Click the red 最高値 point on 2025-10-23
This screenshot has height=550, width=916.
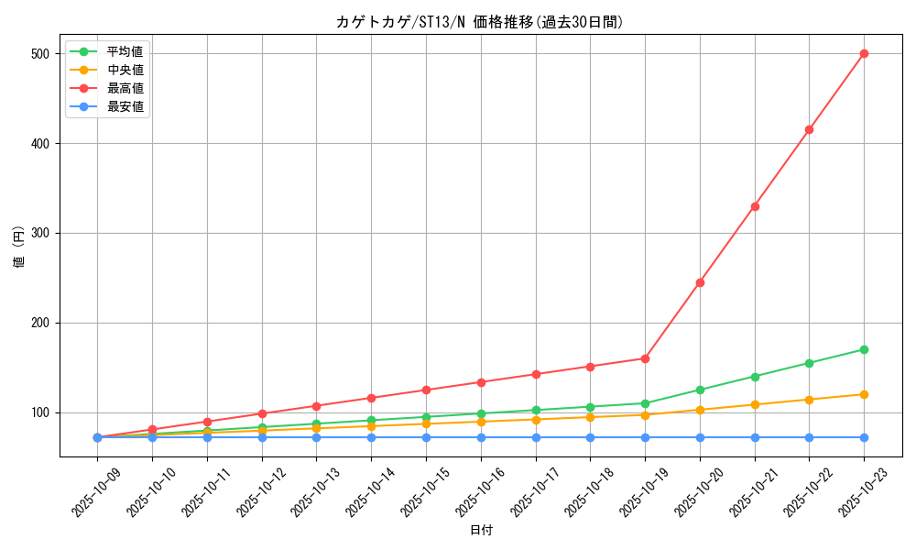click(864, 54)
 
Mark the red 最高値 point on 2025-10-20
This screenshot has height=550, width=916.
click(700, 282)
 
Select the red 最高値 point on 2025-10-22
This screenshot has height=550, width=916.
click(809, 130)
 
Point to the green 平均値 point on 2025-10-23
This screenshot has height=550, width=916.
click(864, 349)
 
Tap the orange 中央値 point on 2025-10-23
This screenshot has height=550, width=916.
click(864, 394)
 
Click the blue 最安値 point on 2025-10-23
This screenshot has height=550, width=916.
click(864, 437)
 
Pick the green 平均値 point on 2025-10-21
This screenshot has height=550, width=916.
click(755, 377)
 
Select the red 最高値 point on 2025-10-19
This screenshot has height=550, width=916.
click(645, 358)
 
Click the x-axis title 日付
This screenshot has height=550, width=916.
click(481, 531)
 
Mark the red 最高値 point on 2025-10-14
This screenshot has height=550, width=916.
click(371, 398)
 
